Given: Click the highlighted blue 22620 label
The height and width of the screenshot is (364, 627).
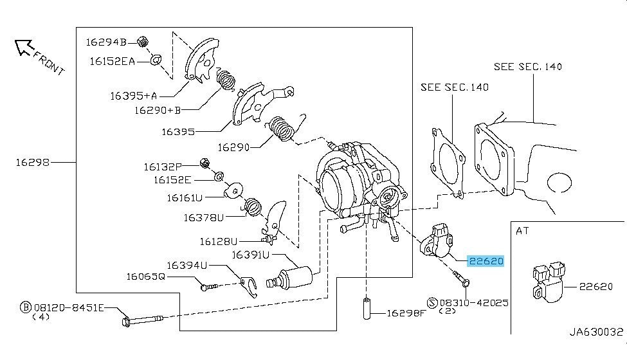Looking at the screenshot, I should (x=486, y=261).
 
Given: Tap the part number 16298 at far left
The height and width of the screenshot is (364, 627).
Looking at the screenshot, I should (x=33, y=163).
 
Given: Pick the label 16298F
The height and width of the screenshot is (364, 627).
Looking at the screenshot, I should (x=406, y=313).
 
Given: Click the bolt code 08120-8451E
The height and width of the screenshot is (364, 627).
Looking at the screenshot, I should (x=69, y=308).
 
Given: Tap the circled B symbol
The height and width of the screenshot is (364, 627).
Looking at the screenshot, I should (x=26, y=308).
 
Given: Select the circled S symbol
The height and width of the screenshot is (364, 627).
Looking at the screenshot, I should (x=432, y=301).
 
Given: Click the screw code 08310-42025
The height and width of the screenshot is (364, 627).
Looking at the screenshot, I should (x=473, y=301).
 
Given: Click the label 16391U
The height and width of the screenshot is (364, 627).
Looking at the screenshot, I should (x=251, y=255).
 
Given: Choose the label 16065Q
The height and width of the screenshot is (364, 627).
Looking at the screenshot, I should (x=145, y=277).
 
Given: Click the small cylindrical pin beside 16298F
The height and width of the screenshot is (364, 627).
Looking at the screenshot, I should (x=367, y=311).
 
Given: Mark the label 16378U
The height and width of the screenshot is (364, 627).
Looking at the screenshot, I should (x=203, y=217).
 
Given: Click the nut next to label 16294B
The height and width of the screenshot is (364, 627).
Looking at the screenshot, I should (x=143, y=42).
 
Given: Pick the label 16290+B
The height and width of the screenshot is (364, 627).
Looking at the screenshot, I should (x=159, y=111).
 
